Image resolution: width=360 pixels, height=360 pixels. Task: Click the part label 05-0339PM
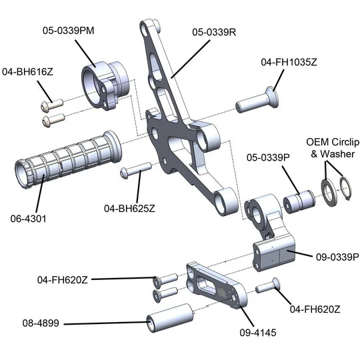tap(69, 31)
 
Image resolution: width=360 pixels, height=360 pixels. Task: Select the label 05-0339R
tap(214, 32)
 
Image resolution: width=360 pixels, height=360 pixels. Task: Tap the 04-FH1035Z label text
tap(289, 62)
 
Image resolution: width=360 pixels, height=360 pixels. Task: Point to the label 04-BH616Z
tap(27, 72)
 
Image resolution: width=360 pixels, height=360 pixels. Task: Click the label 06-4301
tap(28, 219)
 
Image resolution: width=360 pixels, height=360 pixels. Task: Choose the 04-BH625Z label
tap(129, 209)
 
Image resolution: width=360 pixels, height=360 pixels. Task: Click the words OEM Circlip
tap(333, 142)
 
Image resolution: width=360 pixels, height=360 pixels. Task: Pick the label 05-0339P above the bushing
tap(268, 157)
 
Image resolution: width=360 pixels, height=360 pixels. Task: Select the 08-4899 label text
tap(41, 323)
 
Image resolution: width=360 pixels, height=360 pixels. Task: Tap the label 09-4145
tap(258, 333)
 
